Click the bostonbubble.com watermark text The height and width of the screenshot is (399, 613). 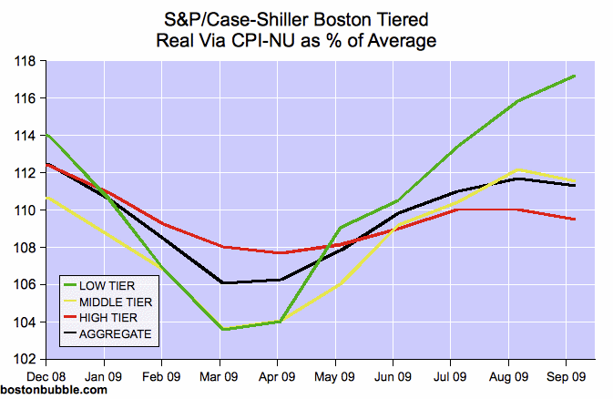click(54, 390)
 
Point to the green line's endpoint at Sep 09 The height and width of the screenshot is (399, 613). click(575, 76)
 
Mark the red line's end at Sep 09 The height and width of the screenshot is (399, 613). click(575, 219)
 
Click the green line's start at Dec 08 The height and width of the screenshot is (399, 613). click(46, 134)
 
